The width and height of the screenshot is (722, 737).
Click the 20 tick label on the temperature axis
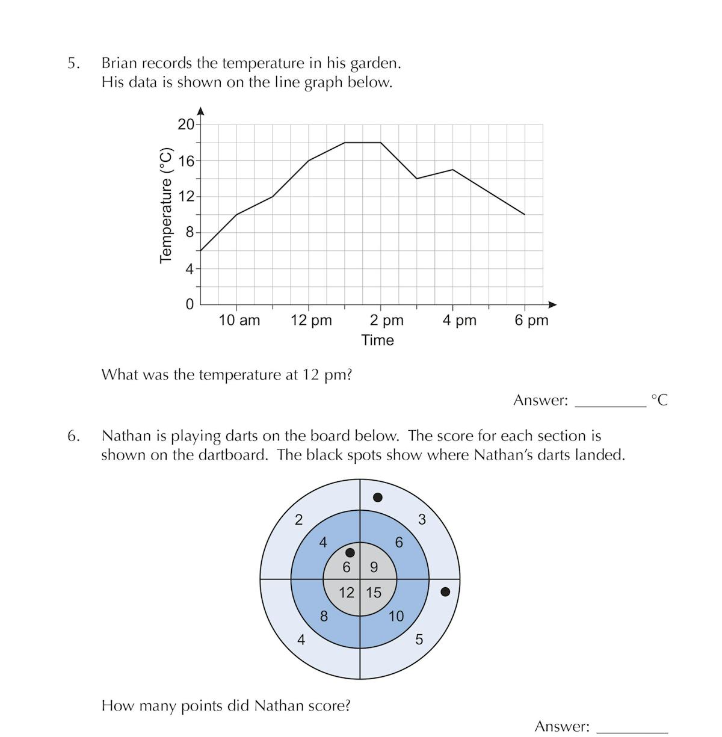(186, 125)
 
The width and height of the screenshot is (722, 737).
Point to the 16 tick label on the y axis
(186, 161)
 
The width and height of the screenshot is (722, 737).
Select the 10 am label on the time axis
(239, 320)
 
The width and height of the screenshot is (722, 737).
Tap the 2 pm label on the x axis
(386, 320)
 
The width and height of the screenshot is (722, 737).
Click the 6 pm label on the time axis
(531, 320)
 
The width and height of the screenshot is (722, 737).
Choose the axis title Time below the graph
(377, 340)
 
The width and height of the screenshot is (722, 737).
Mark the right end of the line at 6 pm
(525, 214)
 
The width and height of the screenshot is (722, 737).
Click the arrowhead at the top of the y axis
(200, 111)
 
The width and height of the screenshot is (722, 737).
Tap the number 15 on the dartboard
(374, 593)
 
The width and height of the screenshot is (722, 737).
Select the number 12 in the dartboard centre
(347, 593)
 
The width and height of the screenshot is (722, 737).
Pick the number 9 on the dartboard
(374, 567)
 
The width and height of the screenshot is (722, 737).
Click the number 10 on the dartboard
(396, 616)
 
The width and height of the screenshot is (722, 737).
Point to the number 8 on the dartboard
(324, 616)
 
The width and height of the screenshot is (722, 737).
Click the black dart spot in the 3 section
(378, 497)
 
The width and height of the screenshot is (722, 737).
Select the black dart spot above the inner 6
(350, 552)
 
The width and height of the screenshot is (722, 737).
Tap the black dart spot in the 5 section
(445, 592)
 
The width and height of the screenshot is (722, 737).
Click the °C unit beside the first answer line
(659, 400)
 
